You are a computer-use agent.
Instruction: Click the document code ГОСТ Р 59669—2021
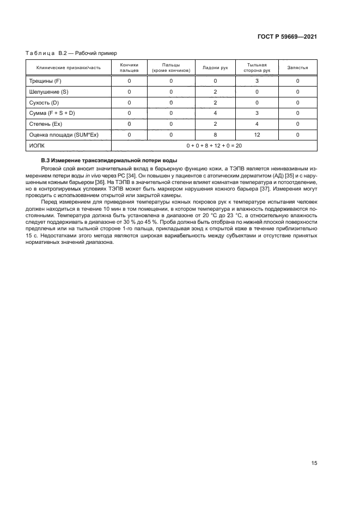click(287, 37)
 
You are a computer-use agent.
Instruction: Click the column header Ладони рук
click(215, 68)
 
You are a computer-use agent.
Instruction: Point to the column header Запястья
click(297, 68)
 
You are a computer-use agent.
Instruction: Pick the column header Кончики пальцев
click(129, 68)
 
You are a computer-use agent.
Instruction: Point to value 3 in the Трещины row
click(256, 81)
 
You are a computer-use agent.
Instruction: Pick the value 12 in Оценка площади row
click(256, 134)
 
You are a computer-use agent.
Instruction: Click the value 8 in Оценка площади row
click(215, 134)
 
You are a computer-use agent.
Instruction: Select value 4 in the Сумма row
click(215, 113)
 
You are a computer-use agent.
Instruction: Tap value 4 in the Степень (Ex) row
click(256, 124)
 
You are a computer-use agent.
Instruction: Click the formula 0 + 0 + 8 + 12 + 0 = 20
click(214, 145)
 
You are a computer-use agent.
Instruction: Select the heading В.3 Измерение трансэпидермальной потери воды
click(109, 160)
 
